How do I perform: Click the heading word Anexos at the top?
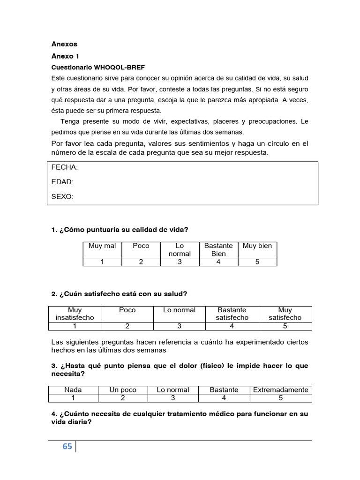click(x=64, y=44)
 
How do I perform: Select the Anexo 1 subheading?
click(x=65, y=56)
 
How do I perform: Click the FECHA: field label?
click(x=65, y=167)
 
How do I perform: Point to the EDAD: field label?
click(x=62, y=182)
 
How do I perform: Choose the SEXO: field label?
click(x=62, y=197)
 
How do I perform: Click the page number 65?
click(x=67, y=447)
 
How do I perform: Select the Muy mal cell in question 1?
click(x=102, y=246)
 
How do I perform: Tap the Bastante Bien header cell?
click(x=218, y=250)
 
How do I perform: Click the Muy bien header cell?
click(x=257, y=246)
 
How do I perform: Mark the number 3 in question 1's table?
click(x=180, y=262)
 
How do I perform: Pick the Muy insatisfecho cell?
click(x=75, y=314)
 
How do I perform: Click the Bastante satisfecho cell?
click(x=232, y=314)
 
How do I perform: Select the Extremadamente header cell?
click(x=281, y=390)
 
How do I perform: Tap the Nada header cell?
click(x=73, y=390)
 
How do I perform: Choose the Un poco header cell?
click(x=123, y=390)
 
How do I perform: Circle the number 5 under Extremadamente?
click(x=281, y=398)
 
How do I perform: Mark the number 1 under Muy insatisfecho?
click(x=75, y=326)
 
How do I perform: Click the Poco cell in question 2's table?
click(x=127, y=310)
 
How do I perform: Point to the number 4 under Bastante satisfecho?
click(x=232, y=326)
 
